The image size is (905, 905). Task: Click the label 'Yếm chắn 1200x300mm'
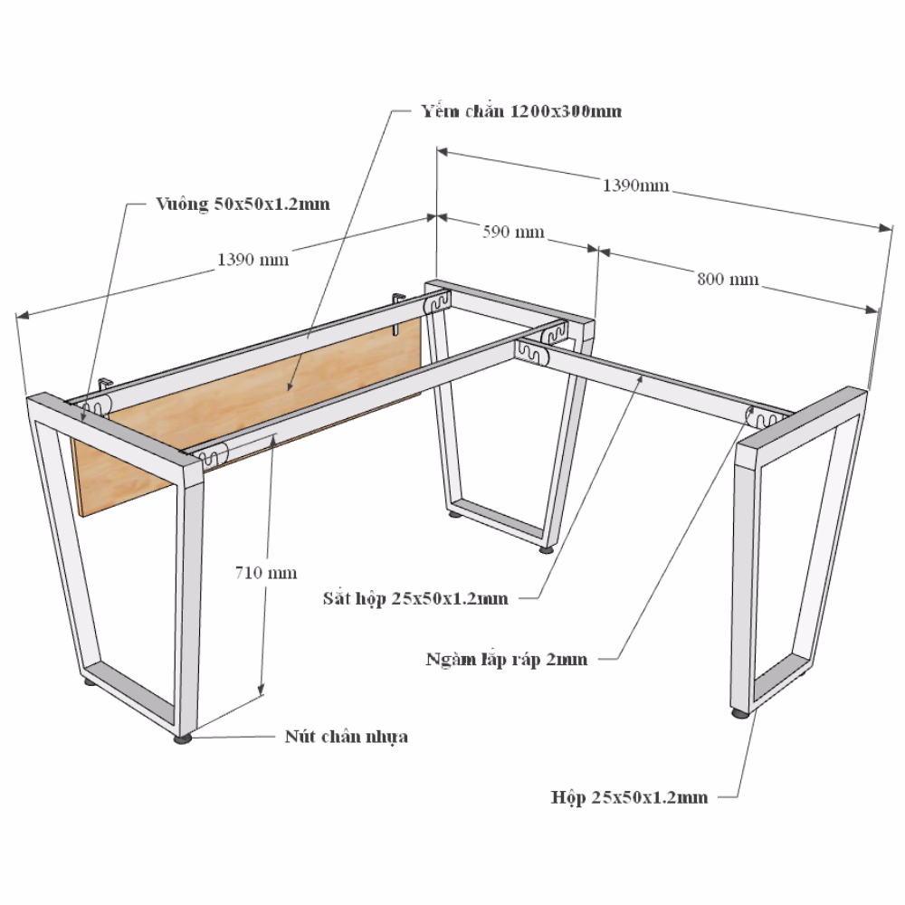coord(521,111)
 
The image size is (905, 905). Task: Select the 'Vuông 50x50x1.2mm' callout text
coord(243,204)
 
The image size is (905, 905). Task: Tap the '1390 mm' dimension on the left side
coord(252,259)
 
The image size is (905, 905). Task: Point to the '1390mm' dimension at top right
coord(636,186)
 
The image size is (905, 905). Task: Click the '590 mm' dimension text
coord(513,232)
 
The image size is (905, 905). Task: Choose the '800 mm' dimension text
coord(728,280)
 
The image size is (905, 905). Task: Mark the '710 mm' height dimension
coord(266,573)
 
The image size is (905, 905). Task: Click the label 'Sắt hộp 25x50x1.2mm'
coord(415,598)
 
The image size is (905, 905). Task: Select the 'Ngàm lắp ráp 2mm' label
coord(507,659)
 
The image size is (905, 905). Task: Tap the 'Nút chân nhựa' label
coord(347,737)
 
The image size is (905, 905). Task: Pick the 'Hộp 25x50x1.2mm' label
coord(629,797)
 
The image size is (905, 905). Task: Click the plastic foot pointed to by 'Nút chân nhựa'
coord(183,738)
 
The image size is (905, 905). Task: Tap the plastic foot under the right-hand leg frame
coord(739,713)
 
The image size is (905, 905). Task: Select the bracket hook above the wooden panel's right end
coord(397,311)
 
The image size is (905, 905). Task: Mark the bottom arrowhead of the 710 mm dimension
coord(261,689)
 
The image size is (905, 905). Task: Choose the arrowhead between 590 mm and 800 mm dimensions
coord(598,251)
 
